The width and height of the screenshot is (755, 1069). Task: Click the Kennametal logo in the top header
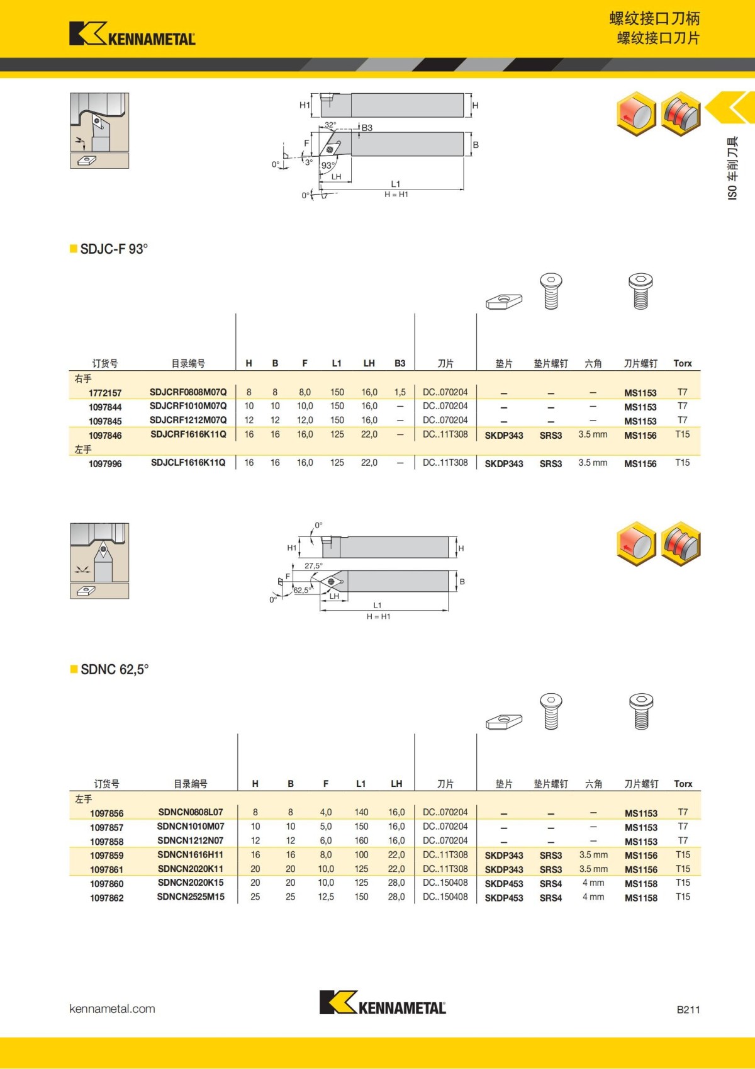click(x=132, y=34)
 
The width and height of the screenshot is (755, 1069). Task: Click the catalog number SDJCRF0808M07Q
click(x=187, y=392)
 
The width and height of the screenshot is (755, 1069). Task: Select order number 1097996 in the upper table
click(x=105, y=464)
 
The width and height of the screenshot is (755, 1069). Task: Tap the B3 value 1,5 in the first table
click(x=400, y=392)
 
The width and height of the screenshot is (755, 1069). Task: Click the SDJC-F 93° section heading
click(x=113, y=249)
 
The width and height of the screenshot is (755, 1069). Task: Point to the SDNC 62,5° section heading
click(x=114, y=670)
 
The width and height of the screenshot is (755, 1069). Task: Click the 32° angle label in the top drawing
click(x=330, y=125)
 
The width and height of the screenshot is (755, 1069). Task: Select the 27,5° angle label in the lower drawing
click(x=313, y=566)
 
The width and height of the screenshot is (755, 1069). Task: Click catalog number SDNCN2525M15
click(x=191, y=897)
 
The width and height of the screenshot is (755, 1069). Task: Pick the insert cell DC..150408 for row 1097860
click(x=445, y=883)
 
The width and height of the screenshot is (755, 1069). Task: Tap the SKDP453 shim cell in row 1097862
click(x=504, y=898)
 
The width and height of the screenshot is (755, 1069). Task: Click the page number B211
click(x=688, y=1010)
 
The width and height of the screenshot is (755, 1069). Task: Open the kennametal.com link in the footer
click(x=112, y=1009)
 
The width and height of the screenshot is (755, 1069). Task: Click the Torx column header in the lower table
click(x=683, y=784)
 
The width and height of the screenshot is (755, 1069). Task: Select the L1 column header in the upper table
click(x=337, y=363)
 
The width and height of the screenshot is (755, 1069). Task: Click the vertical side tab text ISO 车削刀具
click(x=732, y=168)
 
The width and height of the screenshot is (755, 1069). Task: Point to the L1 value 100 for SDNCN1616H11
click(x=361, y=855)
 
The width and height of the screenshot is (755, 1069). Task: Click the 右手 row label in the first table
click(x=83, y=378)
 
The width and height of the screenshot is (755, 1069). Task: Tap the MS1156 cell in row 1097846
click(x=640, y=436)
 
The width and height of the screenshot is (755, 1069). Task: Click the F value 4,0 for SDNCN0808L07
click(x=325, y=813)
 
